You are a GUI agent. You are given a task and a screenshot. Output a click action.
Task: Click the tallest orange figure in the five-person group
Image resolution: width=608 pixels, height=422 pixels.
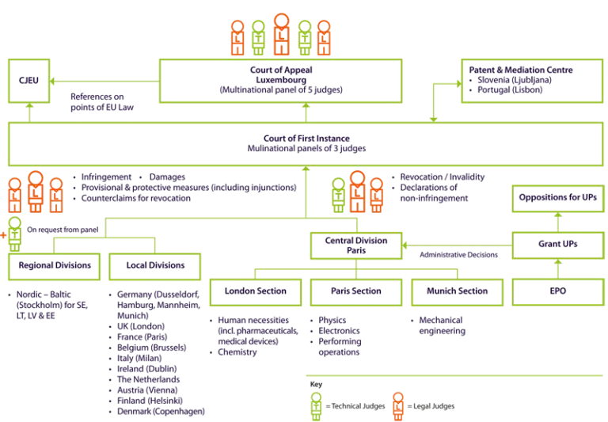pyautogui.click(x=280, y=34)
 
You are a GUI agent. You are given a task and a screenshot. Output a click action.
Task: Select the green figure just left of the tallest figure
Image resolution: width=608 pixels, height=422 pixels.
pyautogui.click(x=258, y=37)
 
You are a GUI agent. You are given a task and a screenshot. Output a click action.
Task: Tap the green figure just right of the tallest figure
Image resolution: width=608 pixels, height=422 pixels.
pyautogui.click(x=302, y=37)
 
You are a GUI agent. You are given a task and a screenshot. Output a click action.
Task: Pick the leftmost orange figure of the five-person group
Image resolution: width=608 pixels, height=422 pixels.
pyautogui.click(x=237, y=38)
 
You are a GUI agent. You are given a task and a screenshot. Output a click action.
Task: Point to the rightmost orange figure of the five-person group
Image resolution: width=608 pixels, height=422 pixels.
pyautogui.click(x=323, y=38)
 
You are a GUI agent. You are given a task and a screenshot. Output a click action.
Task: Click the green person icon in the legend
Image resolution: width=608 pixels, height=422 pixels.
pyautogui.click(x=317, y=405)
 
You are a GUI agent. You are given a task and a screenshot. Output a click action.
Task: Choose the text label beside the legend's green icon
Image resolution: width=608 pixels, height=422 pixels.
pyautogui.click(x=357, y=407)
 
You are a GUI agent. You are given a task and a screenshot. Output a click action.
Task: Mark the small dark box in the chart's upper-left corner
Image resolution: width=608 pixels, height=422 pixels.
pyautogui.click(x=32, y=87)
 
